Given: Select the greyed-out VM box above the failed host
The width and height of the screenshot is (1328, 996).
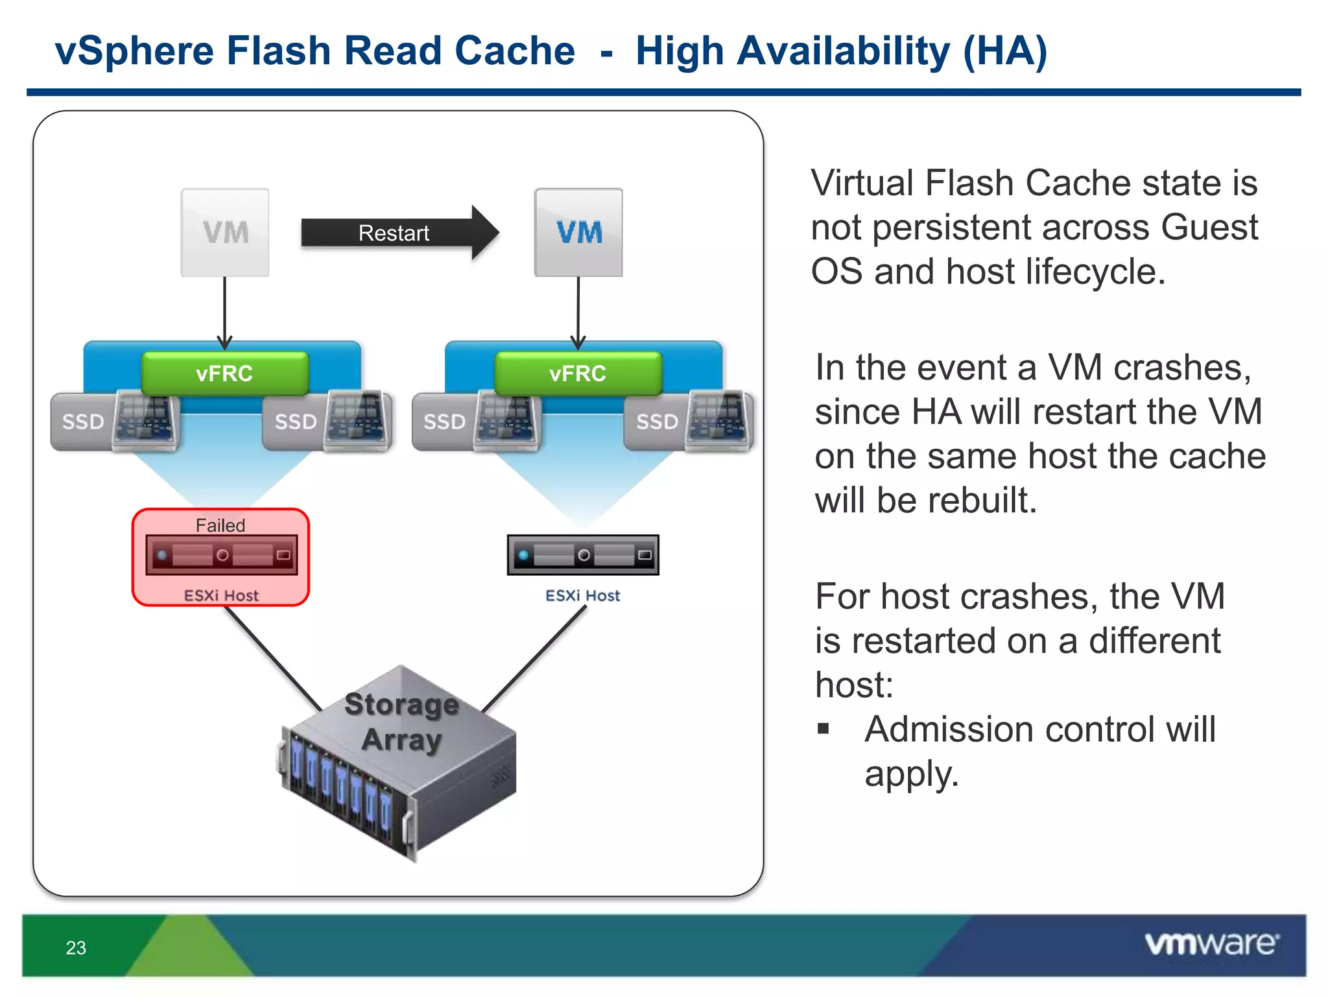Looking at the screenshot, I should point(225,233).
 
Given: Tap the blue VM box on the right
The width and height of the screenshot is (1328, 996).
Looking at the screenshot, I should point(578,233).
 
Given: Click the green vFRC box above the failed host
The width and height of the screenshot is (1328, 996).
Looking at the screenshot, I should point(225,374).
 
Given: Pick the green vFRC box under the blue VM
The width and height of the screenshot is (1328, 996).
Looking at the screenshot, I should point(578,374).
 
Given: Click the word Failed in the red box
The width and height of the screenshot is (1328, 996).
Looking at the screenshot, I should point(220,525).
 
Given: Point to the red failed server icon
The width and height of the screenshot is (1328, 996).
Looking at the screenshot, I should point(222,555).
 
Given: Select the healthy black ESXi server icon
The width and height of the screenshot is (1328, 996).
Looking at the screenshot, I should point(583,555).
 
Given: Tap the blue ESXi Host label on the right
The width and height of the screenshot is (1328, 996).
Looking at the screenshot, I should point(582,595).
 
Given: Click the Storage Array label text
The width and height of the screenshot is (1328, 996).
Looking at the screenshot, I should point(402,722).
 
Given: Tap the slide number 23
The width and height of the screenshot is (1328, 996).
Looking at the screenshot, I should point(76,948).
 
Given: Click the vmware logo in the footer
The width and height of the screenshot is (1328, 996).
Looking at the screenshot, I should point(1211,944).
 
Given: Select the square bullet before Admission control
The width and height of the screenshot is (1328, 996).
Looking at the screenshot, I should point(824,729).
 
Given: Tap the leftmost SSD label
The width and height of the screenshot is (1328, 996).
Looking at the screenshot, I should point(83,422).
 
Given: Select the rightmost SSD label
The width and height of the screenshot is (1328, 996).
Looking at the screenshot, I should point(657,422).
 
